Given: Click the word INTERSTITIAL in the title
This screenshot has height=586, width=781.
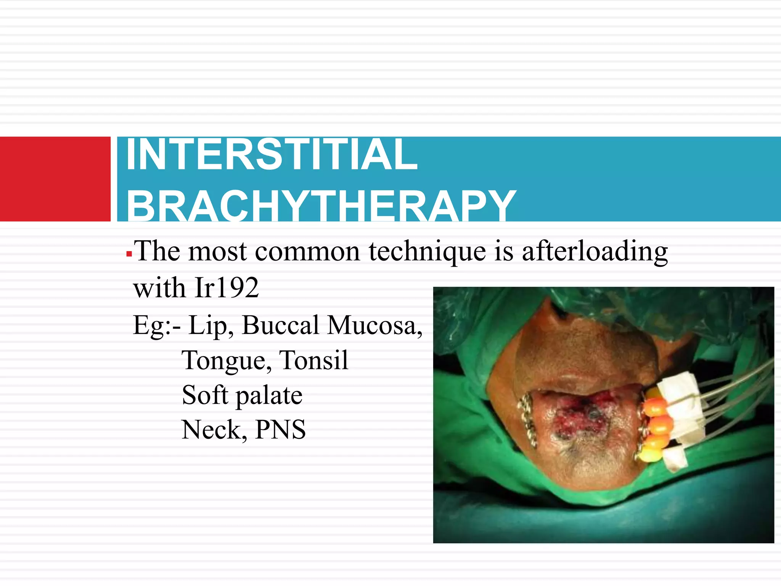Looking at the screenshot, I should click(x=272, y=155).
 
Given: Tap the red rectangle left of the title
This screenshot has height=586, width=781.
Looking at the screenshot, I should click(x=55, y=179).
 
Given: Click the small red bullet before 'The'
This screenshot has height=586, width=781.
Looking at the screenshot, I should click(x=129, y=254).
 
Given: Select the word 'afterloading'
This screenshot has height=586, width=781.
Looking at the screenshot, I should click(x=595, y=252).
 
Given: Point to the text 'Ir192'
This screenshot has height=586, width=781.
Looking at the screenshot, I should click(x=227, y=288).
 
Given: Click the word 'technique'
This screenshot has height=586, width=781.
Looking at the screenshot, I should click(x=427, y=252).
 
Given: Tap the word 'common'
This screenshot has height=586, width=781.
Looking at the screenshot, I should click(x=307, y=252).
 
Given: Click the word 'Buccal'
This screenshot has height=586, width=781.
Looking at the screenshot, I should click(x=281, y=325).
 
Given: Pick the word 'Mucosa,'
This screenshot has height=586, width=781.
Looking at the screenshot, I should click(x=375, y=325).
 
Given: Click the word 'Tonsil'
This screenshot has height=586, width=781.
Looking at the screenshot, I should click(x=313, y=360).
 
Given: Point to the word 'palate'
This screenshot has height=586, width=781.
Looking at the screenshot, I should click(x=269, y=396).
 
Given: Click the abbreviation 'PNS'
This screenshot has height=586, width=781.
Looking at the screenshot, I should click(x=280, y=430).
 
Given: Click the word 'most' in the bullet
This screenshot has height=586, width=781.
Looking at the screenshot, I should click(x=217, y=252).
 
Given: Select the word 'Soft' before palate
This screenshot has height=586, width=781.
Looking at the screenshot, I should click(x=204, y=395).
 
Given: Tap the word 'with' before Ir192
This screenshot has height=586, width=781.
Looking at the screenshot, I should click(x=159, y=288).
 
